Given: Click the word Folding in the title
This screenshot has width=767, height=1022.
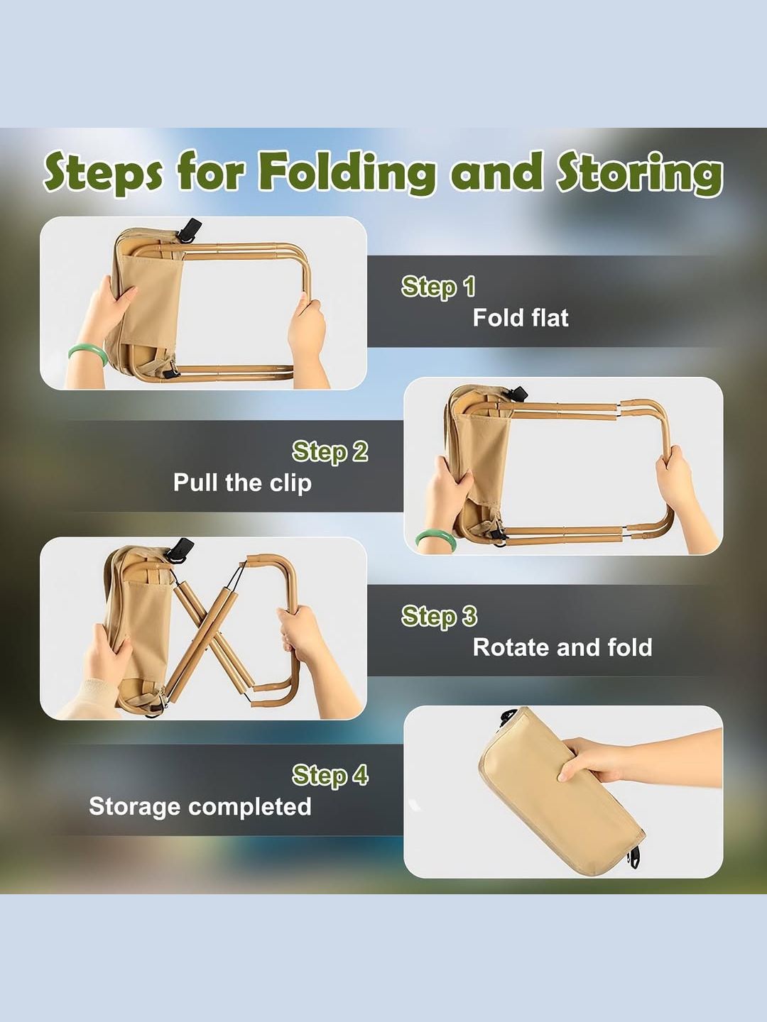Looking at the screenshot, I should coord(347,172).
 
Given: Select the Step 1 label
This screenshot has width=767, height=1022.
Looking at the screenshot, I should coord(438,287).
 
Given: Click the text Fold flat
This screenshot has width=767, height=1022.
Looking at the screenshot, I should coord(521,318).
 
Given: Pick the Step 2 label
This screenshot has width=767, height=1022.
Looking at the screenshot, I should coord(330,451).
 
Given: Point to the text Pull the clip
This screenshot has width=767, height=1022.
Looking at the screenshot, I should coord(242,483).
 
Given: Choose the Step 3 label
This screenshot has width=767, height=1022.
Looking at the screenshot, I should coord(439,616).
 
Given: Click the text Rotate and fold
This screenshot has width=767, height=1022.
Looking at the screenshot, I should coord(562,647).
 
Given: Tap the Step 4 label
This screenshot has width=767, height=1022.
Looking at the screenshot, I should coord(330,775).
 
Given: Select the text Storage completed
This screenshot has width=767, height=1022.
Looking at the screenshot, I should coord(200,806).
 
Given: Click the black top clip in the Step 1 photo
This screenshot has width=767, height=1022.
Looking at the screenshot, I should coord(190,228).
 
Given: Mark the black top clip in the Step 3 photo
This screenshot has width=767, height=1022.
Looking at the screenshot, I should coord(180,549).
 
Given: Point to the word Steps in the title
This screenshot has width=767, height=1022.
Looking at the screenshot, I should coord(103,172).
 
